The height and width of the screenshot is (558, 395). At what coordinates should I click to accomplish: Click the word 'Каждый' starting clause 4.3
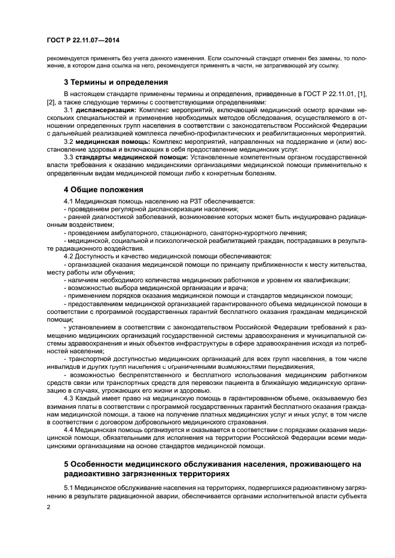point(87,396)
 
